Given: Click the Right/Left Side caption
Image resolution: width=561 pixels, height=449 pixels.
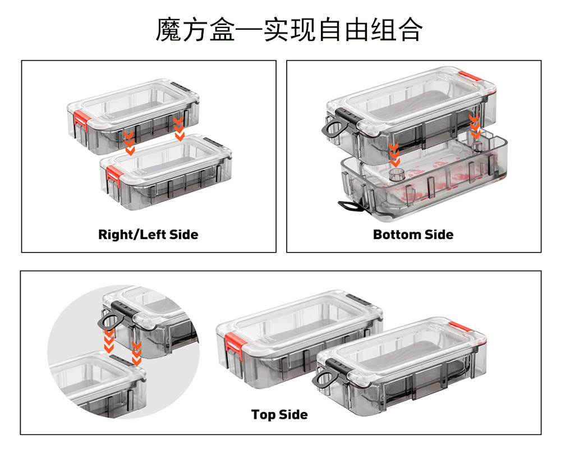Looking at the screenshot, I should pyautogui.click(x=148, y=234).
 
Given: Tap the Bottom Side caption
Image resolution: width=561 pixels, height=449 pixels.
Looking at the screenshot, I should pyautogui.click(x=413, y=234).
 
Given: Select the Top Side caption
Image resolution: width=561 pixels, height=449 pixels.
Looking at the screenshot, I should pyautogui.click(x=279, y=415).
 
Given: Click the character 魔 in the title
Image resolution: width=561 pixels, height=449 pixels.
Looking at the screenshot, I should pyautogui.click(x=168, y=30).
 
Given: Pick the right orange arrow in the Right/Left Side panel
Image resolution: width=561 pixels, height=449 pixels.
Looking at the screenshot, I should pyautogui.click(x=179, y=129).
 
